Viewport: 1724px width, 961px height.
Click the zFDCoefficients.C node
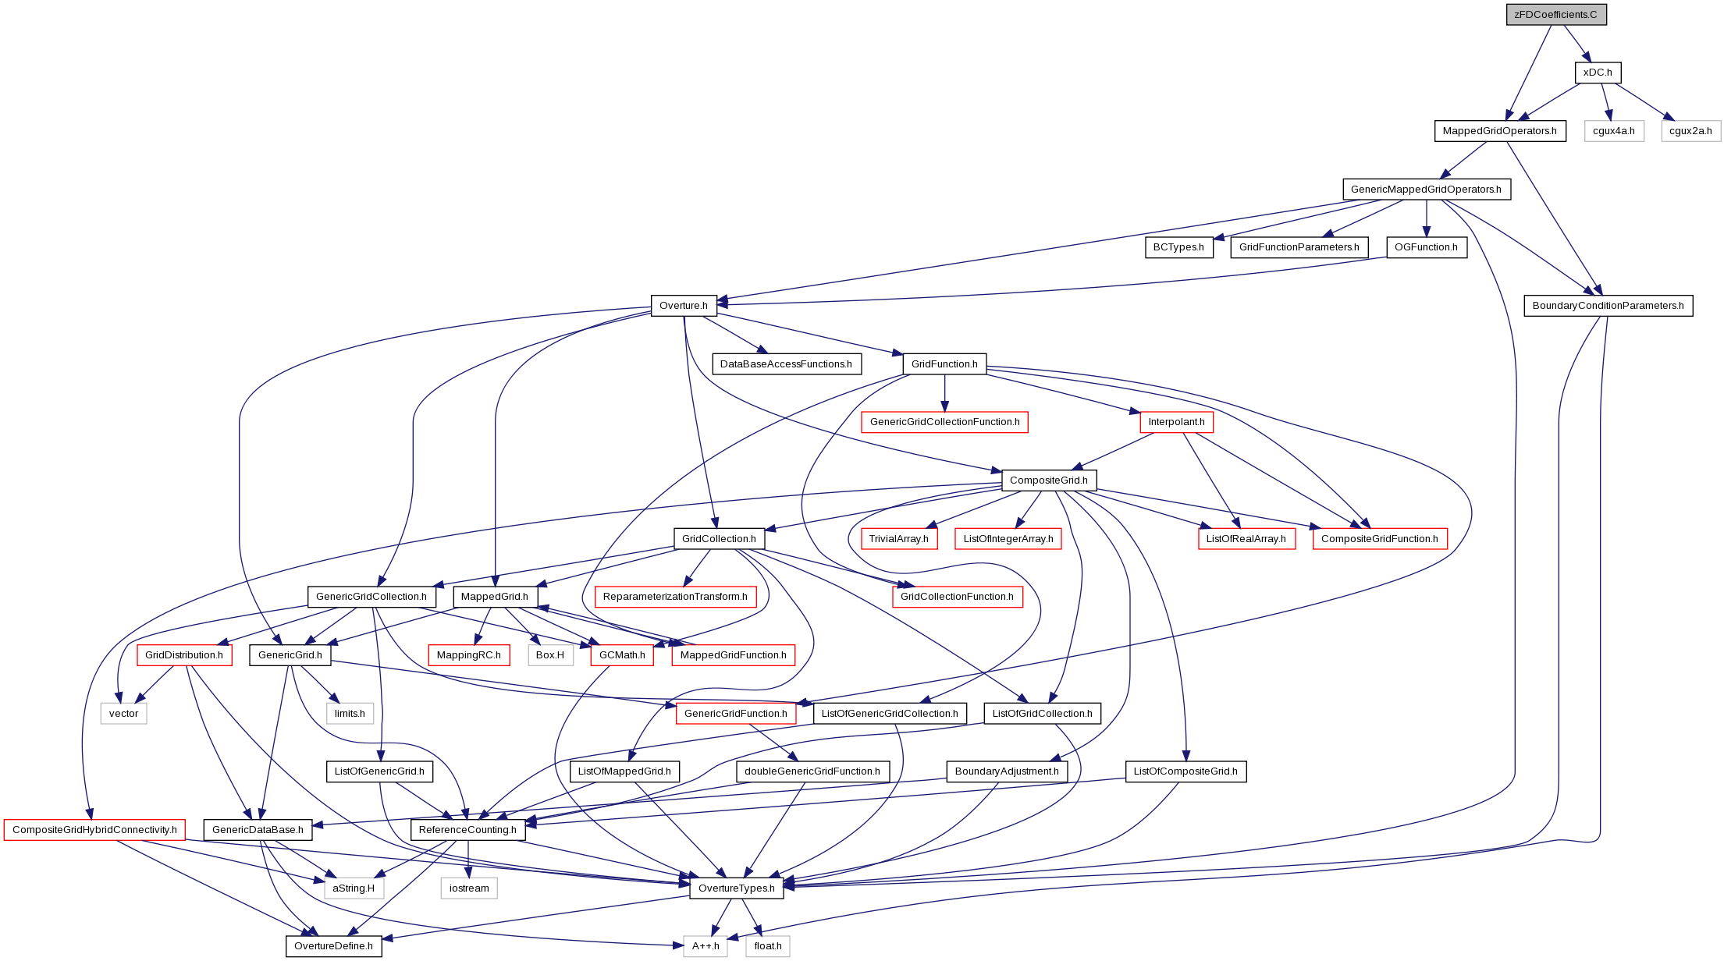(x=1556, y=15)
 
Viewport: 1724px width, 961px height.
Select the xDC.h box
(x=1598, y=73)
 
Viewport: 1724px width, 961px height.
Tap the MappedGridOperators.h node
(x=1499, y=131)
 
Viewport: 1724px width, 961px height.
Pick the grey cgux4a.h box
(x=1613, y=131)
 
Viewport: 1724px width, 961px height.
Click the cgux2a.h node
(x=1690, y=131)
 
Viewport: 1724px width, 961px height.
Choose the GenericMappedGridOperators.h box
(x=1426, y=190)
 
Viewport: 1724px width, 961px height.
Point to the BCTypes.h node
(x=1178, y=247)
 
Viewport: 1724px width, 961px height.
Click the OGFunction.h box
(x=1426, y=247)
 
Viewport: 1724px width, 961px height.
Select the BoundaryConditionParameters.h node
(x=1608, y=306)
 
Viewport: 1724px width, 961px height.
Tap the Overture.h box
(x=684, y=306)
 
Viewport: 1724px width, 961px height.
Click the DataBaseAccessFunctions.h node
(x=786, y=364)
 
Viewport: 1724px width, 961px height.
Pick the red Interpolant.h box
(x=1176, y=422)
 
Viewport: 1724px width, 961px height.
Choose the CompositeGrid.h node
(x=1049, y=480)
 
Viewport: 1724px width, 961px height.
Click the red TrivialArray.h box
(x=898, y=539)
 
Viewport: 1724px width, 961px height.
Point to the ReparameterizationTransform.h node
(x=675, y=597)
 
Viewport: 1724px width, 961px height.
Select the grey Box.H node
(x=550, y=655)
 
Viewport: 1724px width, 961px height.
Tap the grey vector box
(x=123, y=714)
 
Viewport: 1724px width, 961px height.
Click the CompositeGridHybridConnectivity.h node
(x=94, y=830)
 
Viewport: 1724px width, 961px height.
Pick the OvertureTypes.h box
(x=737, y=888)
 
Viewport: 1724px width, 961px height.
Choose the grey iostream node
(x=469, y=888)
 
